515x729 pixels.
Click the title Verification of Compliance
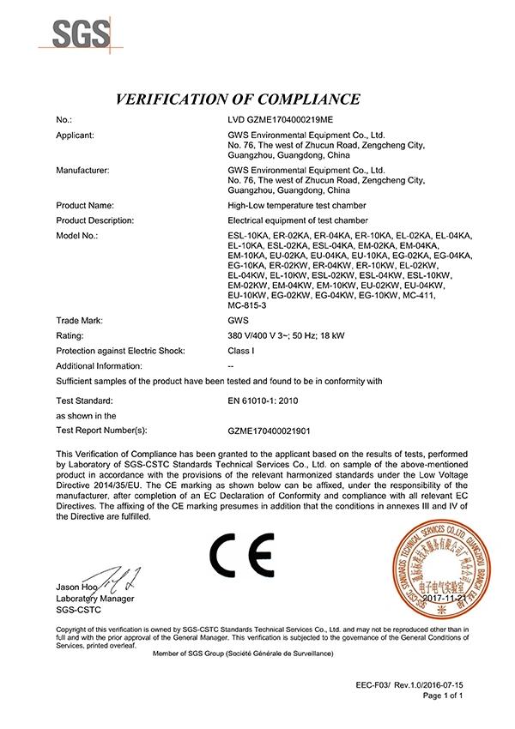(x=257, y=98)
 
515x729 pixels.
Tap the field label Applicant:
(x=75, y=136)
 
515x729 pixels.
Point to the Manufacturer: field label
(x=82, y=171)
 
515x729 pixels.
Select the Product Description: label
(x=94, y=220)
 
